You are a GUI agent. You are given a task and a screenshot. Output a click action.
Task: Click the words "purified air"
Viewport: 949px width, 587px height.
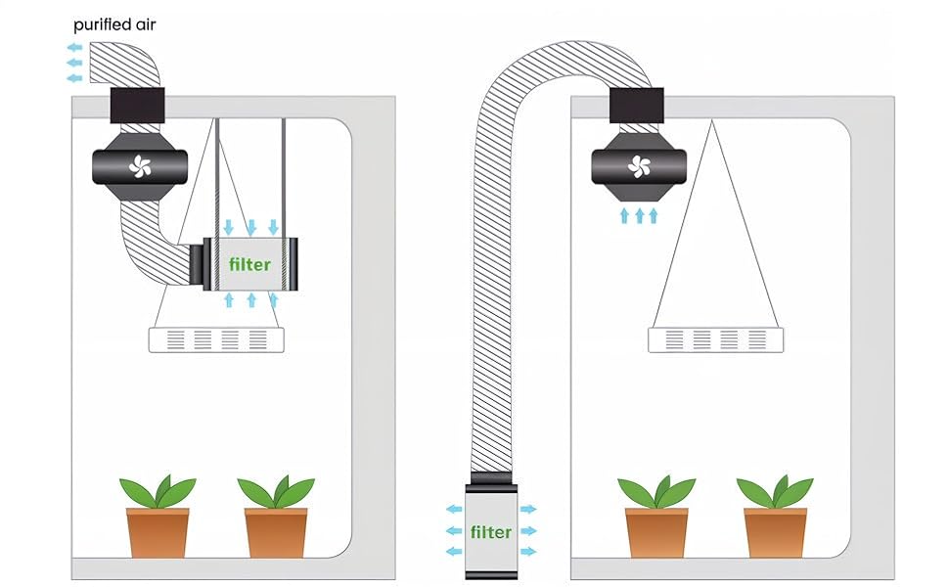(x=114, y=25)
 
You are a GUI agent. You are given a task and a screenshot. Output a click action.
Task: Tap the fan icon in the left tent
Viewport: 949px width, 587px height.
(x=140, y=165)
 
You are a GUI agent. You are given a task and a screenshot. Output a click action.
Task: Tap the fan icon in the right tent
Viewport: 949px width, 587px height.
(x=639, y=165)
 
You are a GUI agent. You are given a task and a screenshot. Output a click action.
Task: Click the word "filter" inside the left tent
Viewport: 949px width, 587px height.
(x=249, y=264)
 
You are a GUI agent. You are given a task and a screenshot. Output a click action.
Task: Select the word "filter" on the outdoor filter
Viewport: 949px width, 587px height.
(x=491, y=532)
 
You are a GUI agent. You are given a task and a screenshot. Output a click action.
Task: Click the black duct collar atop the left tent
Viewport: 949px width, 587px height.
(x=137, y=106)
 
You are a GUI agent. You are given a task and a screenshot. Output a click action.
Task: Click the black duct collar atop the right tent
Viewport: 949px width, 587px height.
(x=636, y=106)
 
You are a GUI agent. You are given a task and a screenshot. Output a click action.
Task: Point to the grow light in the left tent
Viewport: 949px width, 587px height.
(x=216, y=340)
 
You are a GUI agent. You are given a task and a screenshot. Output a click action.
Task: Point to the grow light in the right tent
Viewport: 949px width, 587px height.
(x=715, y=340)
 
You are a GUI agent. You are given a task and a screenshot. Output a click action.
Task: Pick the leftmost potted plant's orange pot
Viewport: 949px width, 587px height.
(x=158, y=532)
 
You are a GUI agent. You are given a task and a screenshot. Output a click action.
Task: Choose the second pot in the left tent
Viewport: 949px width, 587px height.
(x=276, y=532)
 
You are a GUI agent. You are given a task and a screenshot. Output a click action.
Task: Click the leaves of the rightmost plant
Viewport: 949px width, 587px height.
(x=775, y=491)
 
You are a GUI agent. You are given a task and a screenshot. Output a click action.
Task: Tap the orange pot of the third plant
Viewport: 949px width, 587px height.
(x=656, y=532)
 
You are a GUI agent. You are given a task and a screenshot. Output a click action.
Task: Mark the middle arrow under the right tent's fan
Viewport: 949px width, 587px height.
(x=639, y=215)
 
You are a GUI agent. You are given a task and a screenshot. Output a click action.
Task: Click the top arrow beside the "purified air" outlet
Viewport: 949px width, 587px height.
(x=74, y=47)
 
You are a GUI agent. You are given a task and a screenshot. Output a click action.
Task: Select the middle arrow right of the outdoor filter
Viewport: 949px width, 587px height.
(x=528, y=530)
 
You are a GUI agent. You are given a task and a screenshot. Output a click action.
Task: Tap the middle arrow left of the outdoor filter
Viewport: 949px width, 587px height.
(x=454, y=530)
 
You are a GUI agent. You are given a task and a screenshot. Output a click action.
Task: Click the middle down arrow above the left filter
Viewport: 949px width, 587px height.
(x=251, y=228)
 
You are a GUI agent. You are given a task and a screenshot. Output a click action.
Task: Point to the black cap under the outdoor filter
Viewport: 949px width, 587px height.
(x=491, y=574)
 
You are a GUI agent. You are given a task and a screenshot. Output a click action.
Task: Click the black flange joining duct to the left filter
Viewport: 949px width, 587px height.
(x=197, y=265)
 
